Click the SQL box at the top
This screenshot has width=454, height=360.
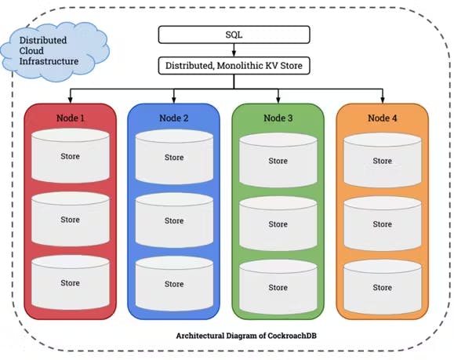click(x=234, y=35)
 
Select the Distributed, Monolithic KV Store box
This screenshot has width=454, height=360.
click(x=234, y=66)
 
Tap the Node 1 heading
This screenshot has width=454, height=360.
click(x=71, y=118)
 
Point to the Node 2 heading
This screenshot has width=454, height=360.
click(x=174, y=118)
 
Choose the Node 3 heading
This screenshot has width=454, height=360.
click(x=278, y=118)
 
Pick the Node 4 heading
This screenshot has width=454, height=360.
click(x=382, y=118)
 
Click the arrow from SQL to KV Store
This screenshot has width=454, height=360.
click(x=234, y=50)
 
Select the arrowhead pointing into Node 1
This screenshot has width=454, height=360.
click(x=71, y=100)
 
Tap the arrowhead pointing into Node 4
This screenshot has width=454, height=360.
click(x=383, y=100)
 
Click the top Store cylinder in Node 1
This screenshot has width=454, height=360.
click(x=71, y=156)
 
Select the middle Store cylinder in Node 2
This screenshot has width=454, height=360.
click(x=174, y=220)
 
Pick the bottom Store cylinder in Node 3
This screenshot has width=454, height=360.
click(x=278, y=287)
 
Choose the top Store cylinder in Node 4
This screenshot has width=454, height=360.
click(x=383, y=160)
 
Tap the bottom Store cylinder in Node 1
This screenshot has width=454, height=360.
click(x=71, y=282)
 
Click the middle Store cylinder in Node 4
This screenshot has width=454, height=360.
click(x=383, y=224)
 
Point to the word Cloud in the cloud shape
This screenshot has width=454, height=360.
click(x=31, y=51)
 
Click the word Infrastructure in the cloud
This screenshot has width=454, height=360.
click(x=49, y=61)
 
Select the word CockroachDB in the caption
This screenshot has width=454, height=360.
click(x=292, y=336)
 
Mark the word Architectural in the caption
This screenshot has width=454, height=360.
click(x=200, y=336)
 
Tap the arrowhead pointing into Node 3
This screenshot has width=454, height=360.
click(x=278, y=100)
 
